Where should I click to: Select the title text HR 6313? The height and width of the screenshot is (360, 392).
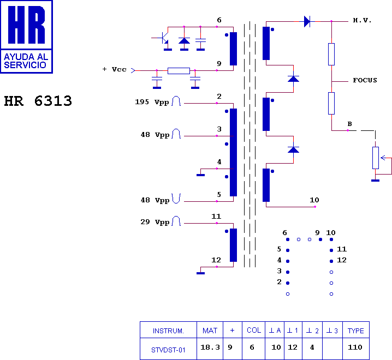38,101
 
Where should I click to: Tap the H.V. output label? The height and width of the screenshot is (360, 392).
362,21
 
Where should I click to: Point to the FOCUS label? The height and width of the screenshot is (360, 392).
365,80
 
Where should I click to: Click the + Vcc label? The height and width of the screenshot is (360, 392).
114,70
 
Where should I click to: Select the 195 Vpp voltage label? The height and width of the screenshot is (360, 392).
152,102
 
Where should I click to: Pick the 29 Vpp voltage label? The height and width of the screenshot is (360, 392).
155,222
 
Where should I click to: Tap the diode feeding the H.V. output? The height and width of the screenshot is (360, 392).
307,21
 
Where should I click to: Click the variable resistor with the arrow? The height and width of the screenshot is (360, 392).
376,158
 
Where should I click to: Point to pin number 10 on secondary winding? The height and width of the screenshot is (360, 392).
314,200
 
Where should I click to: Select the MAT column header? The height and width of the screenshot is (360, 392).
210,331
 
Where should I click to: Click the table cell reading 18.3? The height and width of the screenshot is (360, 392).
210,347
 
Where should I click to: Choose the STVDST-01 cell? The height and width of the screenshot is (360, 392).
168,350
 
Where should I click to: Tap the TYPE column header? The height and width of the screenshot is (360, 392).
356,331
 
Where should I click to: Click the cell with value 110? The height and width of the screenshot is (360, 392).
356,347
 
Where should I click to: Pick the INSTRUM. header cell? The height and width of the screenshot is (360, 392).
168,331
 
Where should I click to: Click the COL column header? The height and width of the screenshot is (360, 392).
254,331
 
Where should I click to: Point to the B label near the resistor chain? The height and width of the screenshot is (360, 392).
349,124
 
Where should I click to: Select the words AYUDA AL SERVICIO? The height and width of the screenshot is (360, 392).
26,61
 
